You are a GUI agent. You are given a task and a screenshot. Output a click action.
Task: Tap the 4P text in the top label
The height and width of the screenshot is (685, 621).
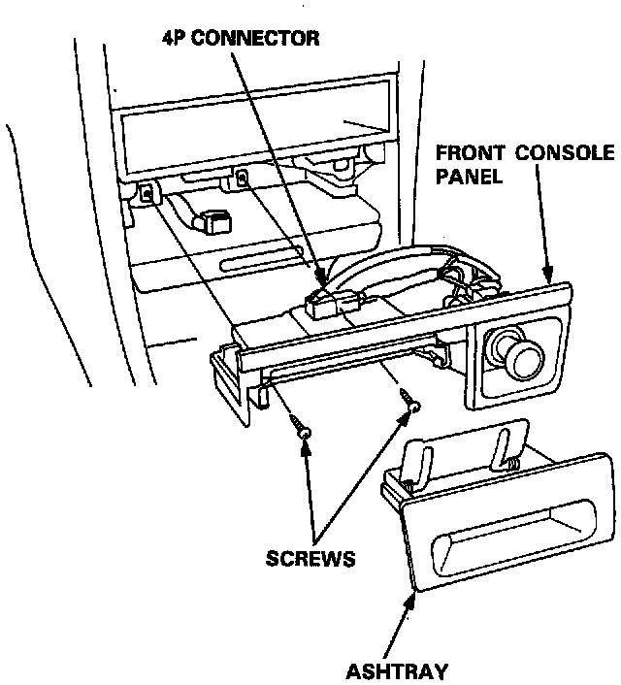point(176,39)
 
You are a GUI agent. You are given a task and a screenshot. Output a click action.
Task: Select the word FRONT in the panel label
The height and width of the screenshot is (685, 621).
point(469,154)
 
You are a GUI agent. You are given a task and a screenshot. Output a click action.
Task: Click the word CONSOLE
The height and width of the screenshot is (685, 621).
point(566,154)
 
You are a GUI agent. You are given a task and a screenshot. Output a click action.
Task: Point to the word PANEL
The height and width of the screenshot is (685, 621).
point(468,177)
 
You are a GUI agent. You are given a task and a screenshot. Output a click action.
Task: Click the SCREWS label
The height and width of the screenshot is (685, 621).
point(310,560)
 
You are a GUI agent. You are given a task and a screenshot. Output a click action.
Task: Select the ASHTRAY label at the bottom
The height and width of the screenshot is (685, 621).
point(398,670)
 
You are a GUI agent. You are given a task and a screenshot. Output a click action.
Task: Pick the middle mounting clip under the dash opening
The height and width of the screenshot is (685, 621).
point(241,179)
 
